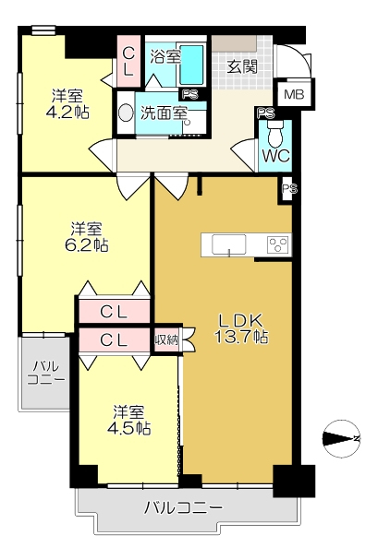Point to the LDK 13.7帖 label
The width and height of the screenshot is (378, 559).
243,328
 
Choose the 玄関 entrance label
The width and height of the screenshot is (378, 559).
243,66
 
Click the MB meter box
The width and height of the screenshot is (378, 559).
294,94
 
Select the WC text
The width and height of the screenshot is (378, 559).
275,155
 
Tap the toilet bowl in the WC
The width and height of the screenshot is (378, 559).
274,135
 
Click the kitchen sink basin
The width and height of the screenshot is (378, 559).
228,244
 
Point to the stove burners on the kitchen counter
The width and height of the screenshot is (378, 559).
276,244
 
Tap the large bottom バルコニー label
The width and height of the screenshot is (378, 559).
183,508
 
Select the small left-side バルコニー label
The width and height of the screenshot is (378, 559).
44,372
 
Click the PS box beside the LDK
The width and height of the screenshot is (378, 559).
288,189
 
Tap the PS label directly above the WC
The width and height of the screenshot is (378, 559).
265,113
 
